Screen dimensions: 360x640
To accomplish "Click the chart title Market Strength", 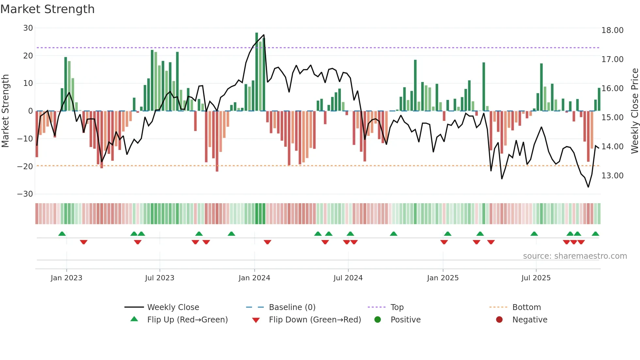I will tap(47, 9).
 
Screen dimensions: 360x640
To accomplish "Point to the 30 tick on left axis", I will tap(28, 28).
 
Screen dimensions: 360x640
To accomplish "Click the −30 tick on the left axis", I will tap(25, 194).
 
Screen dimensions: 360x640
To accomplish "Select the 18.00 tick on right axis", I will tap(612, 30).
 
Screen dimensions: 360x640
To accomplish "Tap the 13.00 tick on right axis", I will tap(612, 176).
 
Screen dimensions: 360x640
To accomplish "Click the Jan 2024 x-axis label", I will tap(254, 278).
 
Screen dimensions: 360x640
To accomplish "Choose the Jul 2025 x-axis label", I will tap(536, 278).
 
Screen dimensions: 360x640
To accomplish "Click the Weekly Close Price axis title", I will tap(634, 111).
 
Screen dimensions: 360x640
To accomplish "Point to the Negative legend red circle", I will tap(499, 320).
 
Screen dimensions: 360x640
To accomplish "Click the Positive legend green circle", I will tap(378, 320).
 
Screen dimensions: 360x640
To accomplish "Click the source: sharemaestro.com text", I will tap(575, 256).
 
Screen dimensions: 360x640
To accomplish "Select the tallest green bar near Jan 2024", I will tap(257, 72).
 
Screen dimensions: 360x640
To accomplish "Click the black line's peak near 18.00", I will tap(264, 35).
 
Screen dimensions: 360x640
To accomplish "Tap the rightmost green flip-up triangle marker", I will tap(595, 234).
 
